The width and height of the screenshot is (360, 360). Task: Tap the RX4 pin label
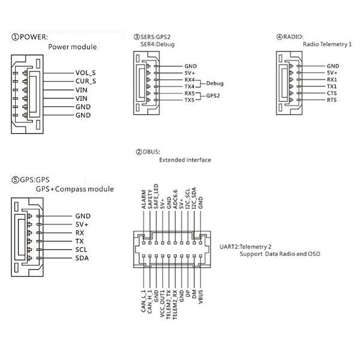tap(190, 79)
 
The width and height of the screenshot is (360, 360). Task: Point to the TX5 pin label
tap(190, 100)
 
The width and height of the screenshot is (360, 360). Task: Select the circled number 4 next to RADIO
tap(278, 36)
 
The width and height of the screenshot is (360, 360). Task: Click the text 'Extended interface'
tap(184, 161)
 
